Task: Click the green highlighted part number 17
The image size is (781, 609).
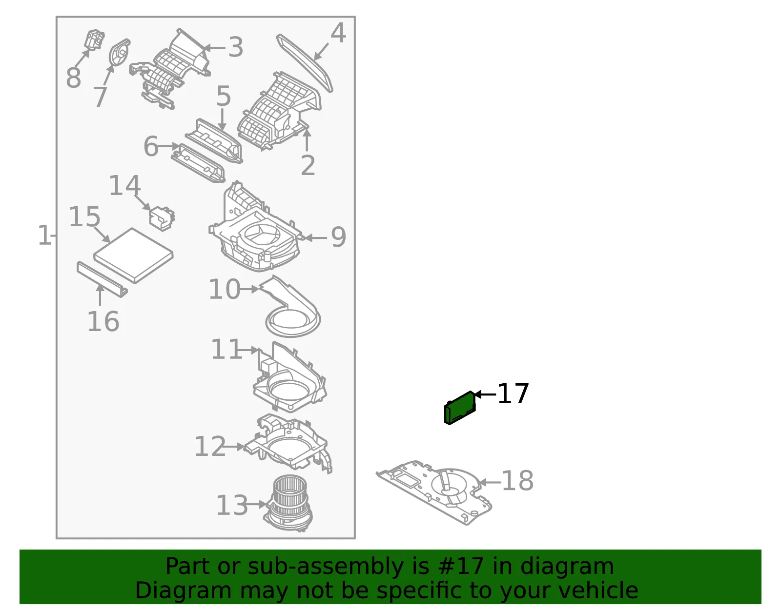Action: [x=460, y=408]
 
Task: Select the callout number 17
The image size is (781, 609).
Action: [x=513, y=393]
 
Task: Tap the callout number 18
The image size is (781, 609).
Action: [x=517, y=481]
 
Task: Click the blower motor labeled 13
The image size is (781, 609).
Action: [x=288, y=504]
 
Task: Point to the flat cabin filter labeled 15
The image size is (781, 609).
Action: [x=133, y=255]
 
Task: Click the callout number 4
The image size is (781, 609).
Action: [x=338, y=33]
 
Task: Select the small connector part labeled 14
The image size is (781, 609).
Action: [x=162, y=218]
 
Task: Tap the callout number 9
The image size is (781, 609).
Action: [x=338, y=237]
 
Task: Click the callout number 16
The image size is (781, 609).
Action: [x=103, y=321]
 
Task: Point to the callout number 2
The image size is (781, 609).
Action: [x=308, y=165]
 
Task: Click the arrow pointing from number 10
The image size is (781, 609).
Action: [x=249, y=289]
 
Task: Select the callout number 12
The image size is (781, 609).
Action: [x=210, y=447]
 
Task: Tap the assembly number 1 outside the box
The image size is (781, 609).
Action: [x=44, y=236]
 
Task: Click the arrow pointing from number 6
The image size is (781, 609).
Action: [x=168, y=146]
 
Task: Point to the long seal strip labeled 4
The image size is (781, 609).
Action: [x=305, y=63]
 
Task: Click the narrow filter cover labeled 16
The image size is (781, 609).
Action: [x=102, y=279]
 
